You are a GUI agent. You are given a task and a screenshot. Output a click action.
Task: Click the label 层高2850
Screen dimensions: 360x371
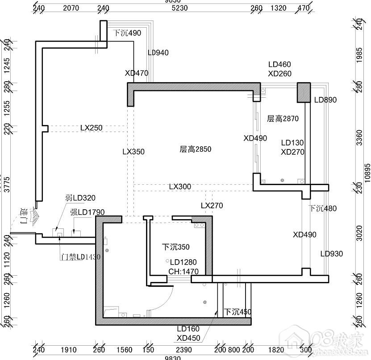pos(195,149)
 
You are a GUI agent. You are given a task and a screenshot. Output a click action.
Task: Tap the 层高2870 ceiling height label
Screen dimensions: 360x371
pos(283,119)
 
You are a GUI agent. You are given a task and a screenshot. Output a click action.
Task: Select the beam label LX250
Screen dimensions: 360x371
pos(91,128)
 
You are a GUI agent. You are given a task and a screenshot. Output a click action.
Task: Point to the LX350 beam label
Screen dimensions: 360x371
pos(133,152)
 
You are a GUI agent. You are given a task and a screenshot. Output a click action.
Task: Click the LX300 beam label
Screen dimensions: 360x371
pos(180,186)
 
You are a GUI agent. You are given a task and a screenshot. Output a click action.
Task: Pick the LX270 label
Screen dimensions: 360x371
pos(212,206)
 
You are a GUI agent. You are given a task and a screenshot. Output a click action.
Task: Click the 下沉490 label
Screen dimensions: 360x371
pos(127,33)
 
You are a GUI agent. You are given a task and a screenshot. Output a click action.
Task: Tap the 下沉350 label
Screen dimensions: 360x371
pos(175,247)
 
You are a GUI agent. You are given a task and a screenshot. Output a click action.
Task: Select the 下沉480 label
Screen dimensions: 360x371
pos(322,208)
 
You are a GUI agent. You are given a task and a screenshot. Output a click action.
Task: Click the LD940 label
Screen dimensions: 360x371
pos(158,53)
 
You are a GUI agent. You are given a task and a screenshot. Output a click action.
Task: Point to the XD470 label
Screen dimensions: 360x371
pos(137,73)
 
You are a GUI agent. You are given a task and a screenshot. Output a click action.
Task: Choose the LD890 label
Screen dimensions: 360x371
pos(325,100)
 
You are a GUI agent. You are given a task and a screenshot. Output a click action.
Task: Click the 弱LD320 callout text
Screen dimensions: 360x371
pos(80,198)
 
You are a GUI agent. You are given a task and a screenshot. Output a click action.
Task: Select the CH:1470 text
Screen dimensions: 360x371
pos(183,271)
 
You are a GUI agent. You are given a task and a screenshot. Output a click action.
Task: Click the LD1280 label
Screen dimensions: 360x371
pos(183,262)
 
